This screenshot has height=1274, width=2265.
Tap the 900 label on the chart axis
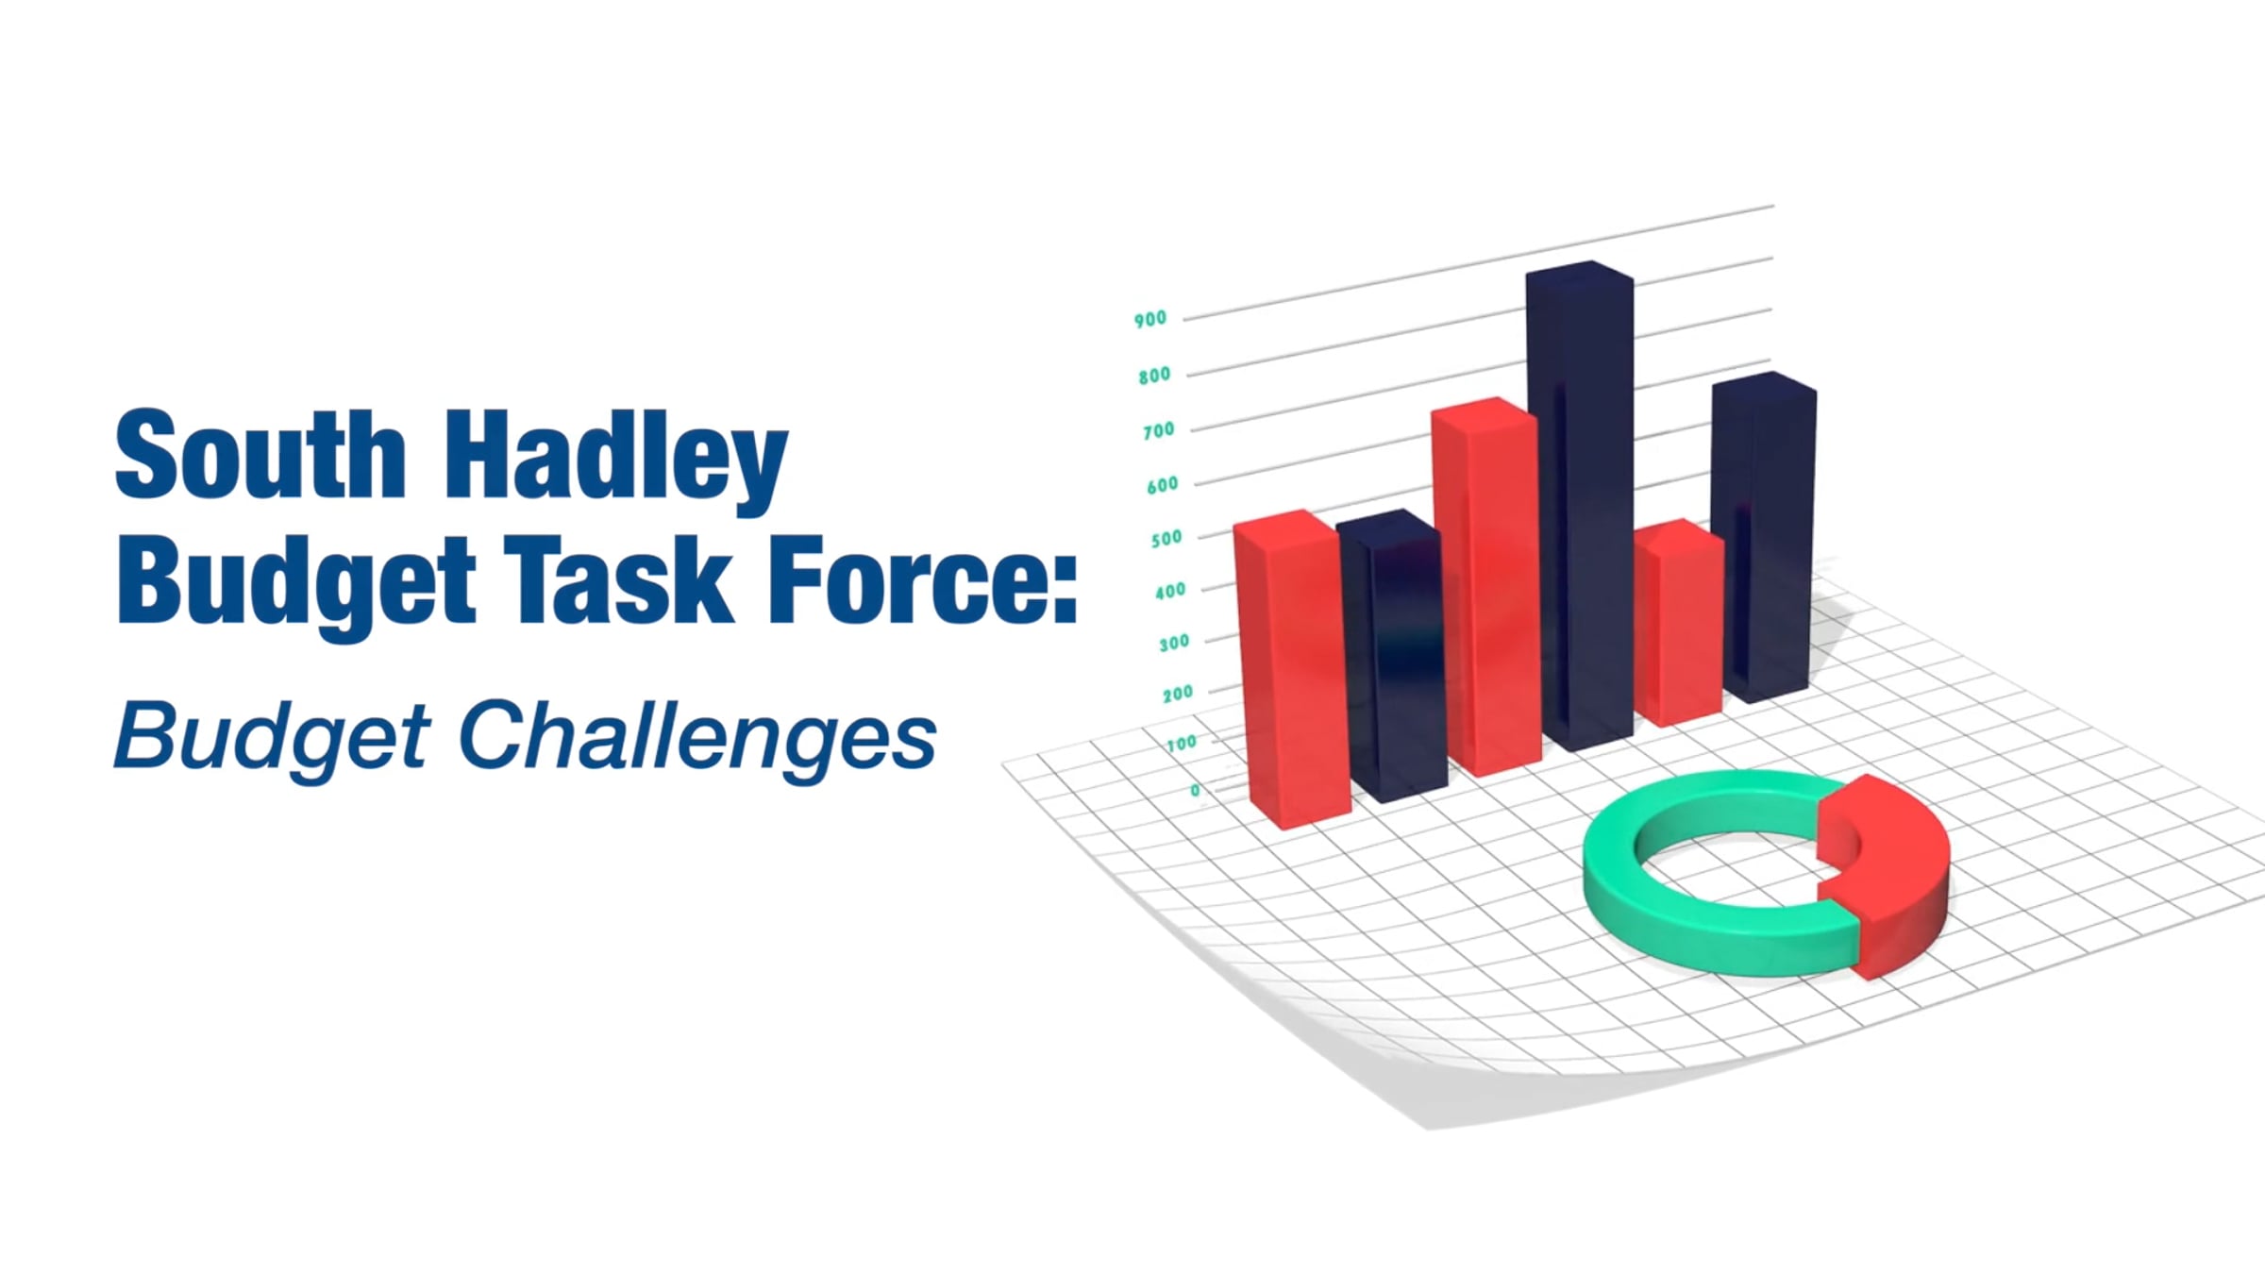(x=1150, y=319)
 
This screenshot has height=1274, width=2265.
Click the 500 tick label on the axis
(x=1166, y=539)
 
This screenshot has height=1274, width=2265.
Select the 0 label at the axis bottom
(x=1196, y=790)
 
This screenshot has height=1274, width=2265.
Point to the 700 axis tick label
(x=1159, y=430)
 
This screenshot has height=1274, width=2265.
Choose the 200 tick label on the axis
(x=1178, y=694)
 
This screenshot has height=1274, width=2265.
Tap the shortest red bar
(x=1680, y=623)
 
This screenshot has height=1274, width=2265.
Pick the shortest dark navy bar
(x=1392, y=656)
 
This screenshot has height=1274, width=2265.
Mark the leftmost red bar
(x=1291, y=670)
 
